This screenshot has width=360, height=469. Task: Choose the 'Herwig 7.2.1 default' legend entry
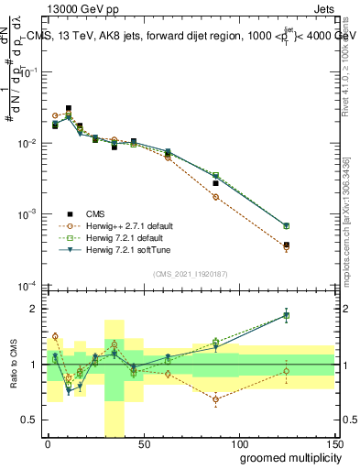coord(115,237)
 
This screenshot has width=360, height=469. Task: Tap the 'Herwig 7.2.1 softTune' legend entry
coord(116,249)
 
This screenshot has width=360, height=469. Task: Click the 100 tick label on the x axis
coord(238,443)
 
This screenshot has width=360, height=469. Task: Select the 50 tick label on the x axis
coord(143,443)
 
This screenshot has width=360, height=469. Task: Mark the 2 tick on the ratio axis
coord(37,309)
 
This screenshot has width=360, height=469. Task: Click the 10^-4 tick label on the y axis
coord(27,285)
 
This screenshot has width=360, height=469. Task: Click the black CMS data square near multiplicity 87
coord(215,183)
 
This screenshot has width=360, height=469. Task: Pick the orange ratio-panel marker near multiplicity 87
coord(215,399)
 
